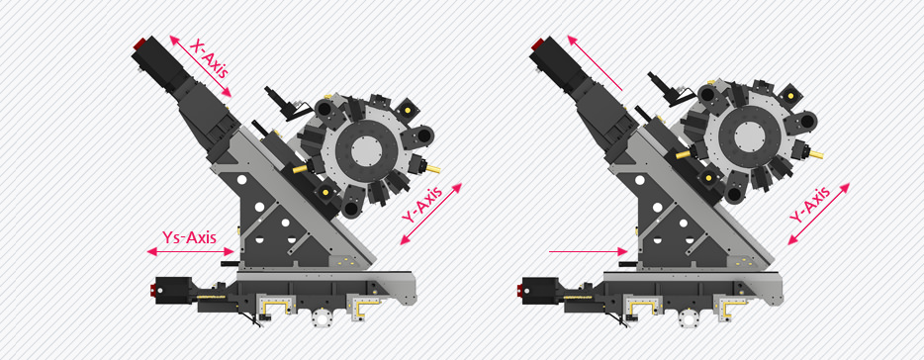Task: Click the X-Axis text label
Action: (x=209, y=59)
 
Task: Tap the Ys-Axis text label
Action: (x=189, y=237)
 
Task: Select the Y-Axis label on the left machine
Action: (x=420, y=204)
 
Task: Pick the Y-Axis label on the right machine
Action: (x=809, y=205)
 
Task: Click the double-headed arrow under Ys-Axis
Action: (x=190, y=251)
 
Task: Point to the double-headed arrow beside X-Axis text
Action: (x=200, y=65)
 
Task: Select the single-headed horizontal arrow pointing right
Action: (x=588, y=251)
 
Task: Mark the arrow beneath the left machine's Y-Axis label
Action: (x=430, y=214)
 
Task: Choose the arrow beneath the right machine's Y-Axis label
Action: (x=819, y=214)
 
